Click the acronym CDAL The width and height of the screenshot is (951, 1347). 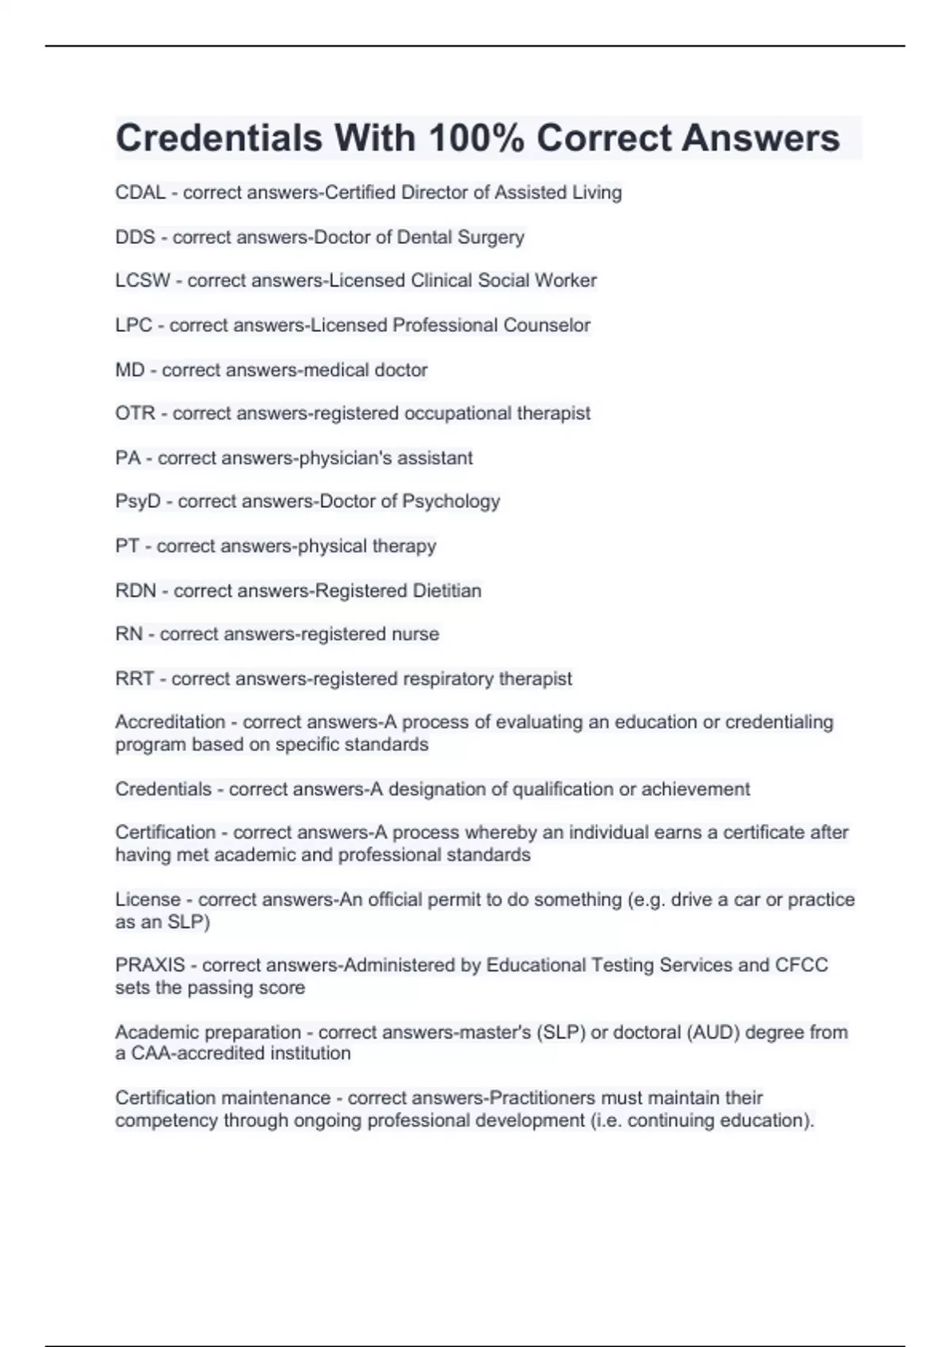[140, 193]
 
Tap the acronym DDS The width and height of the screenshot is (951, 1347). [135, 237]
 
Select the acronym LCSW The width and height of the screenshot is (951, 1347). [143, 280]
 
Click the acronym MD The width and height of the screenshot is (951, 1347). [130, 370]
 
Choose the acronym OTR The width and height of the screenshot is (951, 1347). [135, 414]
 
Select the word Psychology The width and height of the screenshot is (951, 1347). [451, 502]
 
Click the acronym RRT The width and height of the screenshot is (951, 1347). [134, 679]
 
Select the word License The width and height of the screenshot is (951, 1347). [148, 899]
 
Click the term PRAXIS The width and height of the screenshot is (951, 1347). [150, 965]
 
